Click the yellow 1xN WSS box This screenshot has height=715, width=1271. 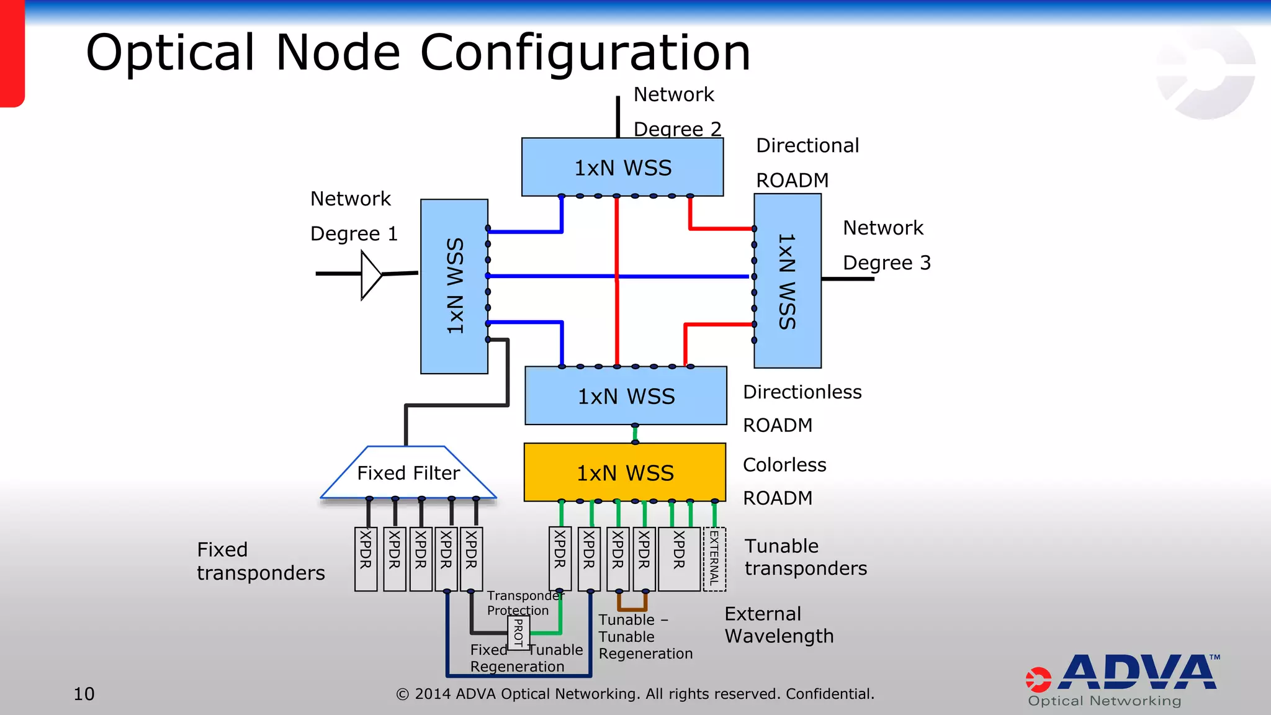click(624, 472)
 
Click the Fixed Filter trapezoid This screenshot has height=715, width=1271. click(408, 473)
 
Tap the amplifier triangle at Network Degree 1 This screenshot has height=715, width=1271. click(371, 274)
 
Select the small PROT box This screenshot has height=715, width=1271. click(518, 634)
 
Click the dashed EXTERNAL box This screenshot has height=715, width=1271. click(714, 559)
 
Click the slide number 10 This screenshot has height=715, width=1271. click(84, 694)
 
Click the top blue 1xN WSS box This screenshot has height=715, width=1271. click(622, 168)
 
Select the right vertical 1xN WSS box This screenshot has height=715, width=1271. click(787, 281)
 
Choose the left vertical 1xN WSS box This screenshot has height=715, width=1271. click(454, 286)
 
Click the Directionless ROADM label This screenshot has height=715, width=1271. click(801, 408)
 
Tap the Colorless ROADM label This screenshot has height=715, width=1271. click(784, 481)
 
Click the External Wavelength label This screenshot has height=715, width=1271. click(779, 625)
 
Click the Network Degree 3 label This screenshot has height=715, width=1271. click(886, 245)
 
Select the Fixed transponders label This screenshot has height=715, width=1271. click(261, 561)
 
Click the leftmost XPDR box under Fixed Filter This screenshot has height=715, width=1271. click(366, 559)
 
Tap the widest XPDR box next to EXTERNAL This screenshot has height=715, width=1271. click(679, 559)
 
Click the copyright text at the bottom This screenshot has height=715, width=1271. click(635, 694)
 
